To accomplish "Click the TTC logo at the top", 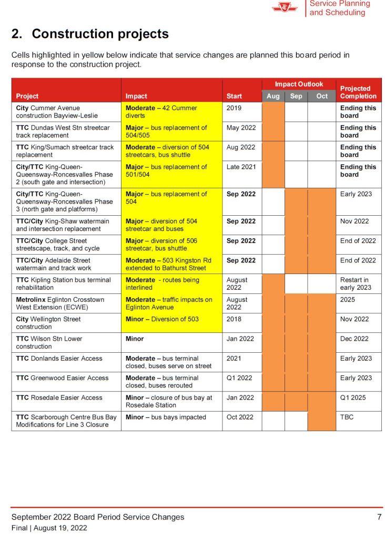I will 285,7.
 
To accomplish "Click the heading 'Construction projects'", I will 90,34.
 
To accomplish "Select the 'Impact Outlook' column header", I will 299,84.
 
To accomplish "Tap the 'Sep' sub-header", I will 296,96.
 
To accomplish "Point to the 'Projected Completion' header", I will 358,92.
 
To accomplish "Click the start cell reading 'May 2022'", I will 241,128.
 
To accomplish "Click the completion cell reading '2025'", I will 348,300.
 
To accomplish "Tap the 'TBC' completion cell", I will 347,417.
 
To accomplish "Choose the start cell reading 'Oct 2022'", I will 240,417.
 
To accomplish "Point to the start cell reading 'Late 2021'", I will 241,167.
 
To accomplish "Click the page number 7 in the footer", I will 379,517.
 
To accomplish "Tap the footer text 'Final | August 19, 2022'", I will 49,528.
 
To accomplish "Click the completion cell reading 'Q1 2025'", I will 352,397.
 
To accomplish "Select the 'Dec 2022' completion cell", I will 354,339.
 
